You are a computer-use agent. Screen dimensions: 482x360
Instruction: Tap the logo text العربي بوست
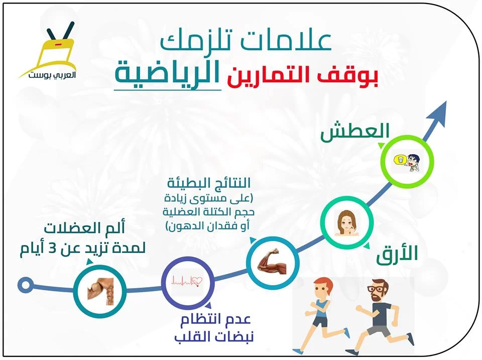[52, 75]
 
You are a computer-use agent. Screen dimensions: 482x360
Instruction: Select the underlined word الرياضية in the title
[168, 73]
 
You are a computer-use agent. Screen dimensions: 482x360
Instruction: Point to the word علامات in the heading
[291, 40]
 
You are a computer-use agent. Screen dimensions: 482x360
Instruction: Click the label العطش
[355, 132]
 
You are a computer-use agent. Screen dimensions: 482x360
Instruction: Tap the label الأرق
[397, 254]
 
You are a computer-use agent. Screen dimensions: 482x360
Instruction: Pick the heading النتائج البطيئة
[209, 183]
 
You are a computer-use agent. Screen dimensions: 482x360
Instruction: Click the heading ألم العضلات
[84, 228]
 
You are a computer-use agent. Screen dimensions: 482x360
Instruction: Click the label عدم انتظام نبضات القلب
[214, 328]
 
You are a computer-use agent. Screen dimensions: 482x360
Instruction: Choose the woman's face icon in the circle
[346, 223]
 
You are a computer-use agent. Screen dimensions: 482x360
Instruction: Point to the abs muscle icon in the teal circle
[100, 291]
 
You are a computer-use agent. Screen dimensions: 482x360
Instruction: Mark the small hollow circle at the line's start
[25, 285]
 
